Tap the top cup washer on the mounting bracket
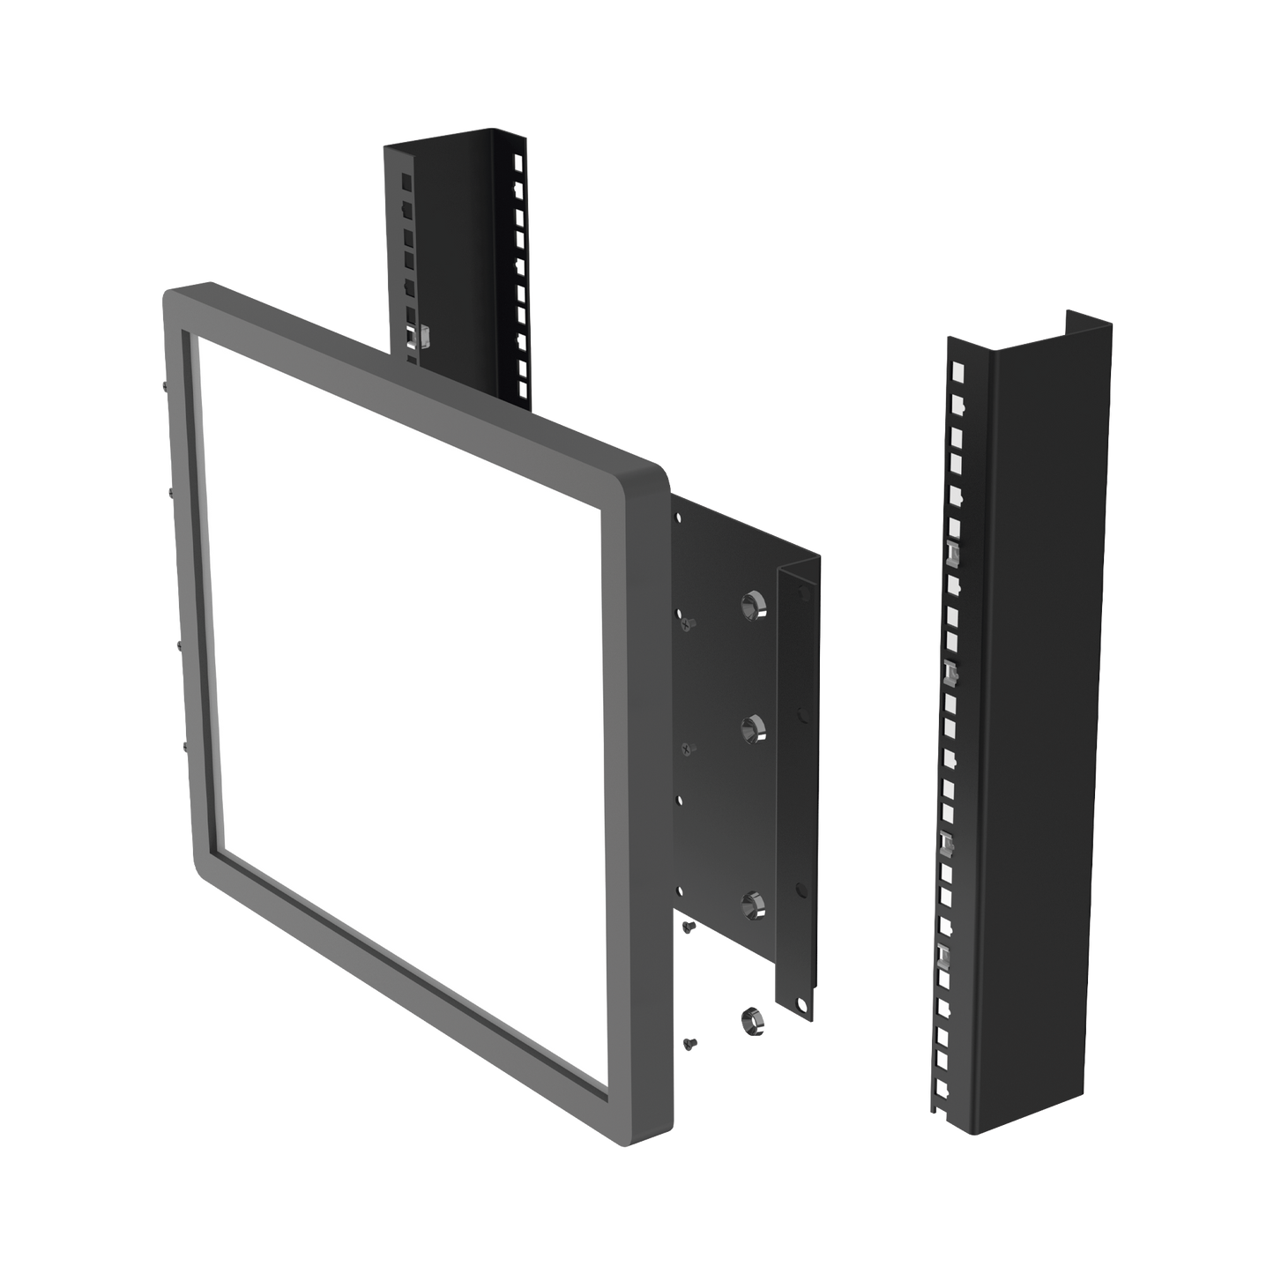(750, 604)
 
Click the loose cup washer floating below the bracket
(751, 1018)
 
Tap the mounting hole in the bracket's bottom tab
(801, 1002)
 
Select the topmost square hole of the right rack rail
(953, 363)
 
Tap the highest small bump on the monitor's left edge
(165, 386)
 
